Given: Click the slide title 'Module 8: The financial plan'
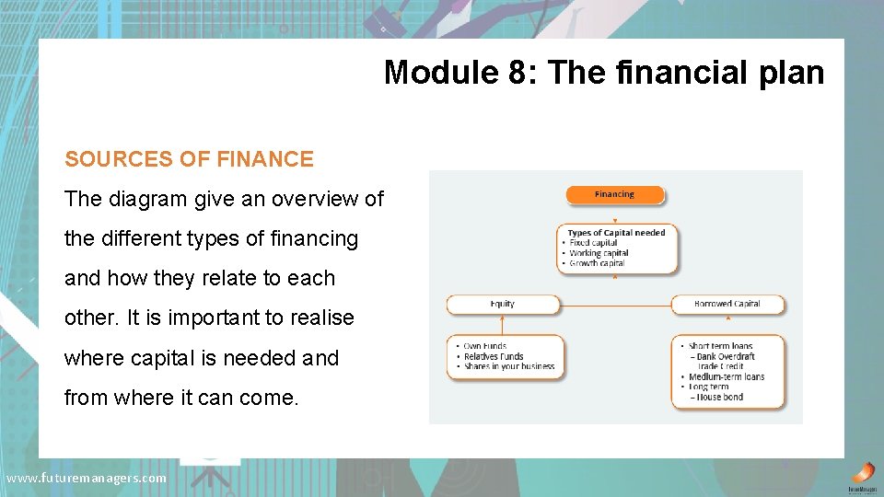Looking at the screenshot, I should (x=603, y=72).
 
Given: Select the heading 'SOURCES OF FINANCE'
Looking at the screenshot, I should (x=189, y=159).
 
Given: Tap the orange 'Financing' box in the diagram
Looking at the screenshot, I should (x=614, y=194).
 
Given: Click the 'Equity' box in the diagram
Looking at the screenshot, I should (x=503, y=304).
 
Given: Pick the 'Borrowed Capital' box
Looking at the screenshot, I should (x=727, y=304).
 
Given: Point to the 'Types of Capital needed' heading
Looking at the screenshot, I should (x=616, y=233).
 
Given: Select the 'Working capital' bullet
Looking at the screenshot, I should (x=598, y=253).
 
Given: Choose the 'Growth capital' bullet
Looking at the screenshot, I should (x=597, y=263).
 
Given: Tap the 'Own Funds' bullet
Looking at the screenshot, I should (x=485, y=346).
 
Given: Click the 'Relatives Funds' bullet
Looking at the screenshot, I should (x=494, y=356).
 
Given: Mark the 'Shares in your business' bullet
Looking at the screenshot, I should (x=509, y=366).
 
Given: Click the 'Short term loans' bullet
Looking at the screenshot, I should (x=720, y=346).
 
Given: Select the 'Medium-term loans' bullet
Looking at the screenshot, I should (x=727, y=376).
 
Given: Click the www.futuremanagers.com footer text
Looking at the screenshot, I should (x=87, y=478).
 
